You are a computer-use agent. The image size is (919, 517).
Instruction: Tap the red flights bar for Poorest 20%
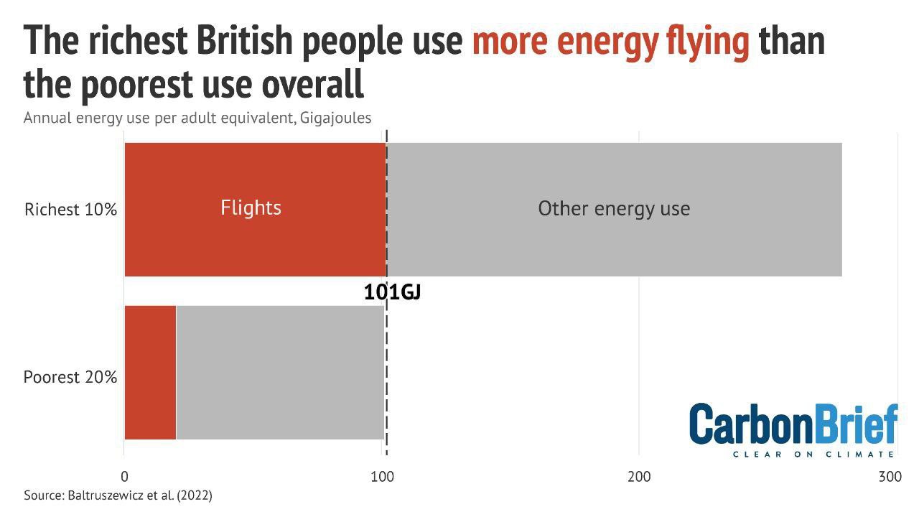(150, 372)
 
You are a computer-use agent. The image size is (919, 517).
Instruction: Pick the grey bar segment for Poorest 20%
(280, 372)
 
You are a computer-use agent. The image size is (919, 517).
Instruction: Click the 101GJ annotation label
(391, 292)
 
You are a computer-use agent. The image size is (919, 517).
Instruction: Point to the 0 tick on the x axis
(124, 477)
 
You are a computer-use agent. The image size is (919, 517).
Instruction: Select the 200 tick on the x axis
(639, 477)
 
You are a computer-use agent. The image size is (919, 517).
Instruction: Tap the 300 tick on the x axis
(890, 477)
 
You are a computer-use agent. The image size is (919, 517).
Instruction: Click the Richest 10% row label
(70, 210)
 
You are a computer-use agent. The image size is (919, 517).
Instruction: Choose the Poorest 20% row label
(70, 377)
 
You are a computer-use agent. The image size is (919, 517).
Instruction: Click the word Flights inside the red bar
(251, 208)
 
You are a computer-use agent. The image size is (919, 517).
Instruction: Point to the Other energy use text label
(614, 208)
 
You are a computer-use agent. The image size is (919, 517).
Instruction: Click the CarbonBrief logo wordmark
(793, 425)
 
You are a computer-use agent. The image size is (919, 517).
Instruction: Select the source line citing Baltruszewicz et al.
(118, 495)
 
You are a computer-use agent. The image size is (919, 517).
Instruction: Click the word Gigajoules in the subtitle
(333, 117)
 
